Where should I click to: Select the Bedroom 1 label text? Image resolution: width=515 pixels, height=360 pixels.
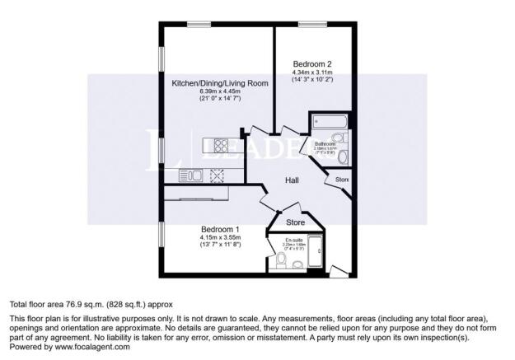pos(220,229)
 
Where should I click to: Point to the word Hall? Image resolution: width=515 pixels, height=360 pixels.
pos(293,180)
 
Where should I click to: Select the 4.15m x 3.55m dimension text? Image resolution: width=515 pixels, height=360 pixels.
pos(220,237)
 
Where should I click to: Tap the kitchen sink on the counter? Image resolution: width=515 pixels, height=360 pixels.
pos(189,174)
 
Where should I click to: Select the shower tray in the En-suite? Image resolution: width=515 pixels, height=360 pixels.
pos(317,255)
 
